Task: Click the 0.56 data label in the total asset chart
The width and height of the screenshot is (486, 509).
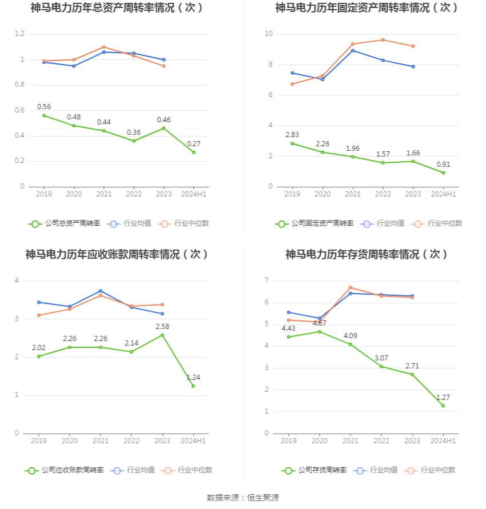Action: tap(44, 107)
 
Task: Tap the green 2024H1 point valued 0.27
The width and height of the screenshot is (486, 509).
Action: tap(193, 152)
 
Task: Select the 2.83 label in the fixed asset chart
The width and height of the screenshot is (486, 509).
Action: tap(292, 135)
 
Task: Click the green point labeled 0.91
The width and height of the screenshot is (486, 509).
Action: tap(443, 173)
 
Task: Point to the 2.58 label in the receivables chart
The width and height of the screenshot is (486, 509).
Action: tap(163, 326)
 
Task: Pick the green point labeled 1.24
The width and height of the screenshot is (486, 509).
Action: tap(193, 386)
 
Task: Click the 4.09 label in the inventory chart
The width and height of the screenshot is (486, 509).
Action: tap(350, 335)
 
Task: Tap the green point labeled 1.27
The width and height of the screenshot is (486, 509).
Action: tap(443, 406)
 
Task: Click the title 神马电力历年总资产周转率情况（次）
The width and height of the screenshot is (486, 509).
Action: tap(117, 8)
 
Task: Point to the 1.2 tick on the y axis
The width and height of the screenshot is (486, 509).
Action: tap(19, 34)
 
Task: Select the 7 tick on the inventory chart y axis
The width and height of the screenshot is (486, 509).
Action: tap(266, 280)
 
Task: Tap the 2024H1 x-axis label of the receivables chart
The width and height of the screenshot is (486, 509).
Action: tap(193, 441)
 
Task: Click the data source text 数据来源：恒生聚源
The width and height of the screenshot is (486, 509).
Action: tap(243, 498)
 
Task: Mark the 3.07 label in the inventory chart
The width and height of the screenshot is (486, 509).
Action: tap(381, 358)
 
